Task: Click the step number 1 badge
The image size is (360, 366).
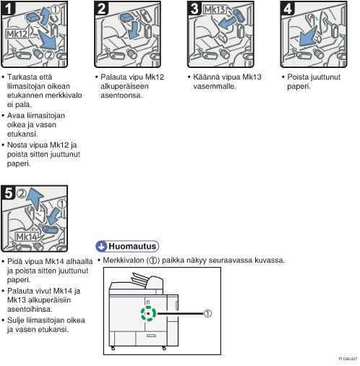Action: (8, 9)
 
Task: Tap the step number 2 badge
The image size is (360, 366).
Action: (101, 9)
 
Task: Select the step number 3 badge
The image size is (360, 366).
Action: (194, 9)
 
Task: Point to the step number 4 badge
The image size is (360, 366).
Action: (288, 9)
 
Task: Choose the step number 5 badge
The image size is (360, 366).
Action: (8, 193)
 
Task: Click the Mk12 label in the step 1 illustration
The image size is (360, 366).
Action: (17, 34)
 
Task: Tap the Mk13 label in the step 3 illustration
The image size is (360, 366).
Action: (215, 10)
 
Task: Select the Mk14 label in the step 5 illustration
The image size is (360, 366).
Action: (27, 237)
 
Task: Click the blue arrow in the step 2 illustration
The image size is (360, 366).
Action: (134, 30)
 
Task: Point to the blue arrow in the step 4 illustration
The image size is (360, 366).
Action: (308, 37)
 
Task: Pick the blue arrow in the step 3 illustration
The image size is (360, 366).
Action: (227, 23)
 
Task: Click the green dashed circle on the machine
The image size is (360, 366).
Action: (148, 313)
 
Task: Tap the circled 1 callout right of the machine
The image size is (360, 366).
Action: (207, 313)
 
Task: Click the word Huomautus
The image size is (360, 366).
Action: (132, 246)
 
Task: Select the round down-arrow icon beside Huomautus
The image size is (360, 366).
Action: (101, 246)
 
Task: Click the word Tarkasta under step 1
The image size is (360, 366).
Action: (22, 77)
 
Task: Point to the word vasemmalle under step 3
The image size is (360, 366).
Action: (215, 86)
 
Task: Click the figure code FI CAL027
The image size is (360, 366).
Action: (348, 359)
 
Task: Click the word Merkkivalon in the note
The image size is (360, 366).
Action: (124, 260)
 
